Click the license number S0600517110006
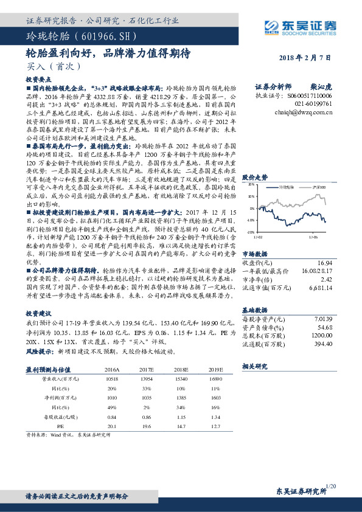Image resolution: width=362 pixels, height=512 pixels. (x=310, y=96)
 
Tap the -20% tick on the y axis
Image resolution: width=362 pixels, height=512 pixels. (x=251, y=232)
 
